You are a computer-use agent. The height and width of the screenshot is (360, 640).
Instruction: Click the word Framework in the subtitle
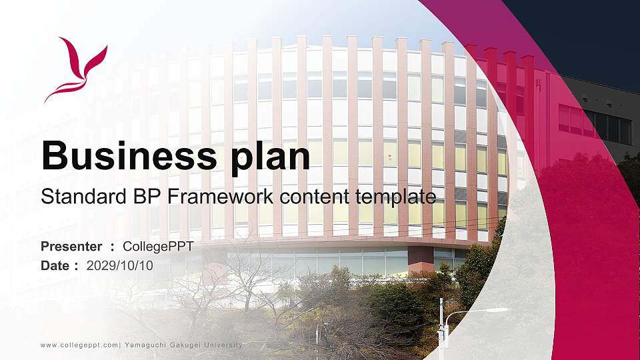(225, 197)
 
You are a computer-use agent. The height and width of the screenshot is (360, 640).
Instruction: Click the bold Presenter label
(71, 247)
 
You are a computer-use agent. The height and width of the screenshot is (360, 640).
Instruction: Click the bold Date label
(55, 265)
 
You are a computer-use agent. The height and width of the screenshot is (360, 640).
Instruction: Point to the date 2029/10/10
(120, 265)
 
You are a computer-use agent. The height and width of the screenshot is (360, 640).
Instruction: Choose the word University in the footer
(224, 345)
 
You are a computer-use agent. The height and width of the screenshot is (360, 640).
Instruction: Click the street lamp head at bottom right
(497, 310)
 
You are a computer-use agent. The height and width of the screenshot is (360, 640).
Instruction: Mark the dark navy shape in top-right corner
(587, 33)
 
